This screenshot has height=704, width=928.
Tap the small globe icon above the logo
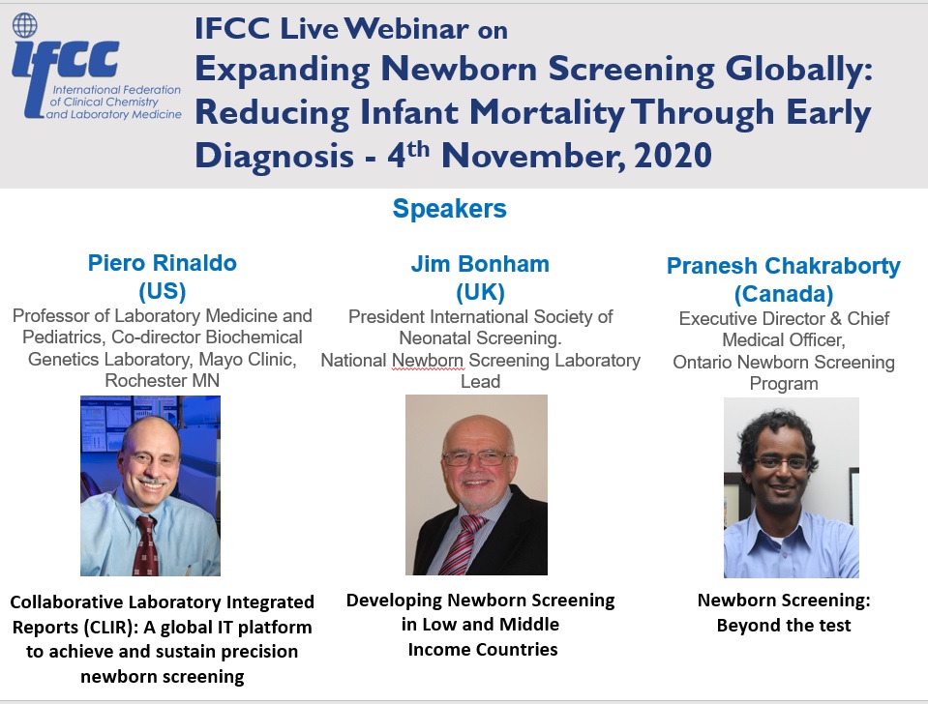(25, 25)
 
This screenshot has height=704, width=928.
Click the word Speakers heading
(450, 209)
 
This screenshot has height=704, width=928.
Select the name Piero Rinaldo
(163, 263)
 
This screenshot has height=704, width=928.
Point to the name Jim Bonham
(480, 264)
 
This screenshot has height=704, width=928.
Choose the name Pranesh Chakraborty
(784, 266)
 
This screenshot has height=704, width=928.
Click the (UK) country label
(480, 292)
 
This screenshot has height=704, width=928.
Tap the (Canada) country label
(784, 294)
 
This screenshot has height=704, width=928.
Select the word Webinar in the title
(406, 28)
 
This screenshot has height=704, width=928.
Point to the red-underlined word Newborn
(428, 361)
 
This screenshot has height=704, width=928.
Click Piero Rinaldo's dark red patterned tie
(145, 544)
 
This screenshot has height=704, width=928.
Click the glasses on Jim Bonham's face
(477, 457)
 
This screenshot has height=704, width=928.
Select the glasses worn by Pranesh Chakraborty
(781, 463)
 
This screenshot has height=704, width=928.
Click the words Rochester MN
(163, 380)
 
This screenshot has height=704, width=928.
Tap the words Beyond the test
(784, 626)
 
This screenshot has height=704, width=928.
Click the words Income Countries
(483, 650)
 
